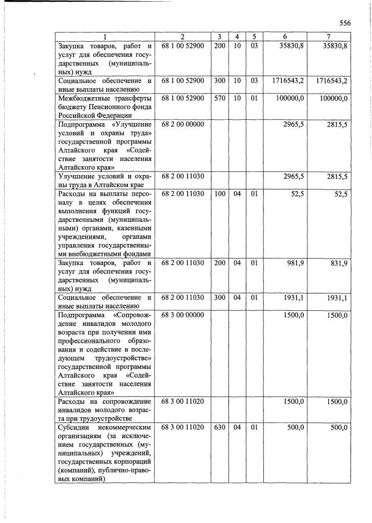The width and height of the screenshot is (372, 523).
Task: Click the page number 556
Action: [x=345, y=23]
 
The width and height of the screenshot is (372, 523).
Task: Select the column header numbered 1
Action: [x=105, y=37]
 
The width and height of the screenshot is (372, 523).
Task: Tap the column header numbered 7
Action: [x=328, y=37]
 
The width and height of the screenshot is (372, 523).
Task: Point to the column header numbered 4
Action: [x=237, y=37]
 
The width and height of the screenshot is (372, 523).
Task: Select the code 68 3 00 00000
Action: [x=183, y=315]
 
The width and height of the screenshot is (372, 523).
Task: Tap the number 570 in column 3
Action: [x=219, y=99]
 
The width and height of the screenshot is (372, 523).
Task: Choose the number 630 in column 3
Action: [x=219, y=428]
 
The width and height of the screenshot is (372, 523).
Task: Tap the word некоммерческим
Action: [x=124, y=428]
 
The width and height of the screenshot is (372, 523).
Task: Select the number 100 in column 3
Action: [x=219, y=194]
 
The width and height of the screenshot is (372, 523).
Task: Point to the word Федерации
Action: [x=108, y=116]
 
